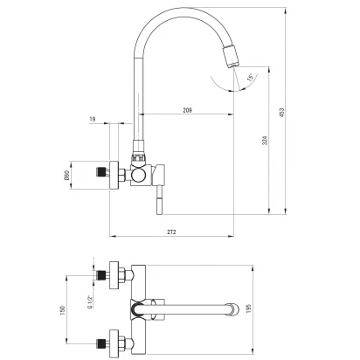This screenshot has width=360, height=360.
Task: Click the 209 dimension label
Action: point(187,110)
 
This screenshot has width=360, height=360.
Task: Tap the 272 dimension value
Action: point(171,232)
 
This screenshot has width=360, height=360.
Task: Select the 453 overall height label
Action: point(281,113)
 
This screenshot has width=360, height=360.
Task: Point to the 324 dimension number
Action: point(265,141)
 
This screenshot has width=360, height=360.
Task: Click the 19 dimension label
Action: point(93,119)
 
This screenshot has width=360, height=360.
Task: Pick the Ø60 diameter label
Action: point(66,176)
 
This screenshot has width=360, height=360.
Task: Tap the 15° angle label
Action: point(250,78)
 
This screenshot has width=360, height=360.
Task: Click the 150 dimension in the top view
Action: point(62,310)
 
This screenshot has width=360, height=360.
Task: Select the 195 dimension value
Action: point(248,308)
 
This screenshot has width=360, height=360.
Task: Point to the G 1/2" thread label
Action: point(89,301)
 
